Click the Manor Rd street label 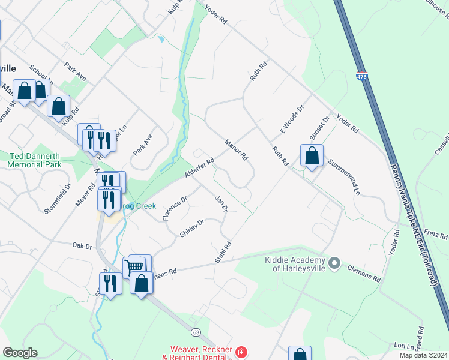(x=237, y=149)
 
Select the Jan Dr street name (x=221, y=203)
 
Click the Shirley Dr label (x=192, y=228)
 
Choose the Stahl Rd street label (x=223, y=253)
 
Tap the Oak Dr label (x=82, y=246)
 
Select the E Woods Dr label (x=289, y=119)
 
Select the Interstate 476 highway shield (x=361, y=77)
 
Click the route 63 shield (x=196, y=331)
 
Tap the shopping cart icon (x=134, y=266)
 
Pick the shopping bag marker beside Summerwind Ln (x=312, y=156)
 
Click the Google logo (x=20, y=353)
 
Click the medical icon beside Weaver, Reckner (x=241, y=351)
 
